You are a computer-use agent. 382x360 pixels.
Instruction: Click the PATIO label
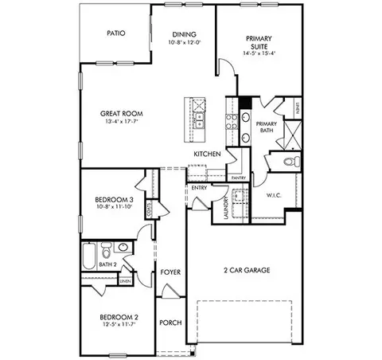[119, 33]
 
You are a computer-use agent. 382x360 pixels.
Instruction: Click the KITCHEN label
[206, 153]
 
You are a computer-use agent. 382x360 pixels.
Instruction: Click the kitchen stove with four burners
[233, 121]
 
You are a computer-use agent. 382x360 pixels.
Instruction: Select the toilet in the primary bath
[290, 162]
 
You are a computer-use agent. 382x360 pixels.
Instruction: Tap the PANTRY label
[238, 178]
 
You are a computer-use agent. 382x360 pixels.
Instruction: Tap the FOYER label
[170, 272]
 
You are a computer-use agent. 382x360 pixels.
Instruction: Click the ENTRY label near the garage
[197, 189]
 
